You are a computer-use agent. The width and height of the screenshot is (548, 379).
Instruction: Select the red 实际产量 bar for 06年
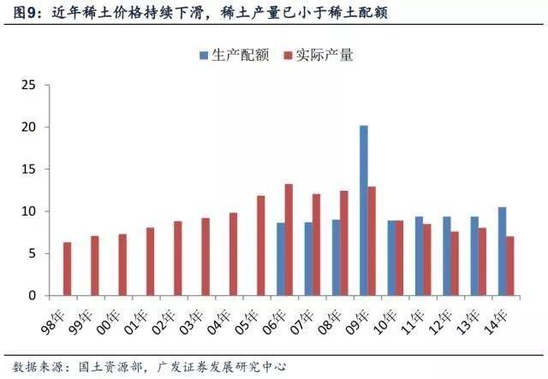coord(289,240)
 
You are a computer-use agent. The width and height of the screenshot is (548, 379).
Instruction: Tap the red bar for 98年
coord(68,269)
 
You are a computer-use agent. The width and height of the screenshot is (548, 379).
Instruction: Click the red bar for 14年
coord(511,265)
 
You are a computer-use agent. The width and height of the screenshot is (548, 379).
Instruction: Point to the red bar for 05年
coord(261,246)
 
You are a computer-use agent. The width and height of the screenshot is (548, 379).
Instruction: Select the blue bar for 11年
coord(419,256)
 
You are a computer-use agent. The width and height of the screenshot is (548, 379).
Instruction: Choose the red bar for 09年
coord(372,240)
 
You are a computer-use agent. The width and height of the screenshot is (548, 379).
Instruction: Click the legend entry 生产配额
coord(235,56)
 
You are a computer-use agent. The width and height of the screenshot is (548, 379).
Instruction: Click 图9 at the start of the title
coord(21,14)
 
